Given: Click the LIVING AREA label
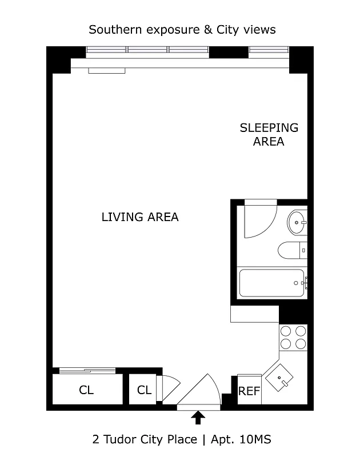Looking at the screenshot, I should click(x=140, y=217).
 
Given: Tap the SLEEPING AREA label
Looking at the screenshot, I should click(x=269, y=134).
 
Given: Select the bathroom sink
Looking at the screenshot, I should click(x=297, y=223).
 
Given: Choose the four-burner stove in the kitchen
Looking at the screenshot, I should click(x=293, y=336).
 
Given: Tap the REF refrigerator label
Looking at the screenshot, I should click(x=249, y=391).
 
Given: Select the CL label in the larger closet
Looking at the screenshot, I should click(x=86, y=391).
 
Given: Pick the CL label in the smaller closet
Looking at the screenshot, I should click(x=145, y=391).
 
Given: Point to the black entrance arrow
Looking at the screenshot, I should click(x=198, y=418).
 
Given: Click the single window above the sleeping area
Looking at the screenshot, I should click(x=269, y=52).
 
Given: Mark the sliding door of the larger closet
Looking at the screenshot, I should click(x=89, y=371).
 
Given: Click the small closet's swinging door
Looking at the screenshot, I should click(x=169, y=387).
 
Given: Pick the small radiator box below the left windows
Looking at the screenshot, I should click(x=106, y=71).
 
